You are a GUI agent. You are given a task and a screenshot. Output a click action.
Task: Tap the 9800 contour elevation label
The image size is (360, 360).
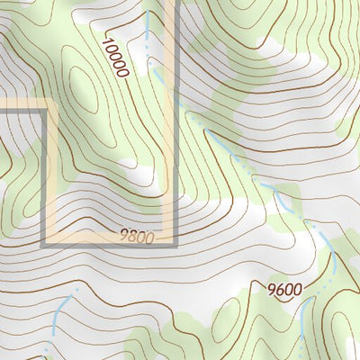(x=137, y=238)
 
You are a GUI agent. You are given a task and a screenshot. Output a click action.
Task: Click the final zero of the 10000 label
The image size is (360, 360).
(x=124, y=72)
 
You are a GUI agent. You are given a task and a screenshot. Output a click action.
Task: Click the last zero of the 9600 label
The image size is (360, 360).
(x=297, y=289)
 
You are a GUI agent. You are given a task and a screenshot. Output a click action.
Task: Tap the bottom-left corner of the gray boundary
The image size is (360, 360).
(x=43, y=243)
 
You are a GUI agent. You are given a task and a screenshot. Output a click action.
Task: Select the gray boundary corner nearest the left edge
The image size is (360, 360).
(x=43, y=109)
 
